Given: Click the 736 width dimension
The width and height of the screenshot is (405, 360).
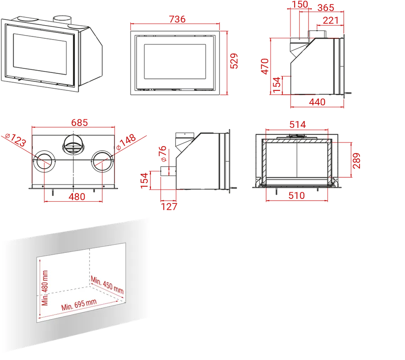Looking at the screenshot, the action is [177, 19].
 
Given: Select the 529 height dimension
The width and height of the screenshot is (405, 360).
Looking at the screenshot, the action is [234, 61].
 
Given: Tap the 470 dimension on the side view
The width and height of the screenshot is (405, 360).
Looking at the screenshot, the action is [265, 66].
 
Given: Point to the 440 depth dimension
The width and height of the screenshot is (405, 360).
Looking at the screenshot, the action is [317, 102].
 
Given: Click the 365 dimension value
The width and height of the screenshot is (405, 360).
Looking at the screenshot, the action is [326, 8].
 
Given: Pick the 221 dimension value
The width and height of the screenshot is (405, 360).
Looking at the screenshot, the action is [331, 20].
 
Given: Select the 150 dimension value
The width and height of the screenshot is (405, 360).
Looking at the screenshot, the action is [300, 4].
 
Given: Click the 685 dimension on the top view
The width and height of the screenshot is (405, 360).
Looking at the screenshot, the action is [80, 122].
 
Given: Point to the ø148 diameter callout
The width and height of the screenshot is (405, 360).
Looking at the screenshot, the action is [126, 142].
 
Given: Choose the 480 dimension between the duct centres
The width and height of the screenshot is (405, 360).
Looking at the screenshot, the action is [77, 197].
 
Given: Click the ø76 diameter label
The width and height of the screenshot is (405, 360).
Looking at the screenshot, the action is [163, 154].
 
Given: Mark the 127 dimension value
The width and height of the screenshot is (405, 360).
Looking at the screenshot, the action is [169, 207].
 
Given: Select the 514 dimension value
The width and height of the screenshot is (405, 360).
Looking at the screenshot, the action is [297, 125].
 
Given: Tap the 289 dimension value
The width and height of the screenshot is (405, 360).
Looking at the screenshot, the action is [356, 161].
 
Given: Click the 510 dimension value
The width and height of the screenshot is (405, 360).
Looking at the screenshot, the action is [297, 196].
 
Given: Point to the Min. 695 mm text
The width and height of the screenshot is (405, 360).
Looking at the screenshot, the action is [79, 305].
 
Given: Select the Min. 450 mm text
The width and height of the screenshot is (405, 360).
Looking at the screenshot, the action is [107, 285].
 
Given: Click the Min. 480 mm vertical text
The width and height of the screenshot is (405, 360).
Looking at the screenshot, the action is [45, 288].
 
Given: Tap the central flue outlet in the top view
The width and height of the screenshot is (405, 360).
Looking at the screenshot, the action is [73, 145].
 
